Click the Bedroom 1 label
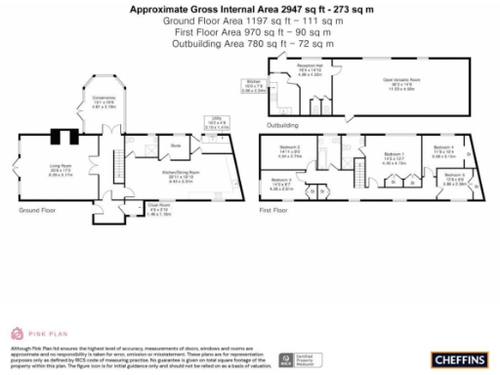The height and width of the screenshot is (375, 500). point(394,158)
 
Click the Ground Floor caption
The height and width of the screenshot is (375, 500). point(37,210)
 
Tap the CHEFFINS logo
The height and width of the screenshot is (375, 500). point(456,358)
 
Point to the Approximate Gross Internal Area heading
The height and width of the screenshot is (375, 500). point(250,7)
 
